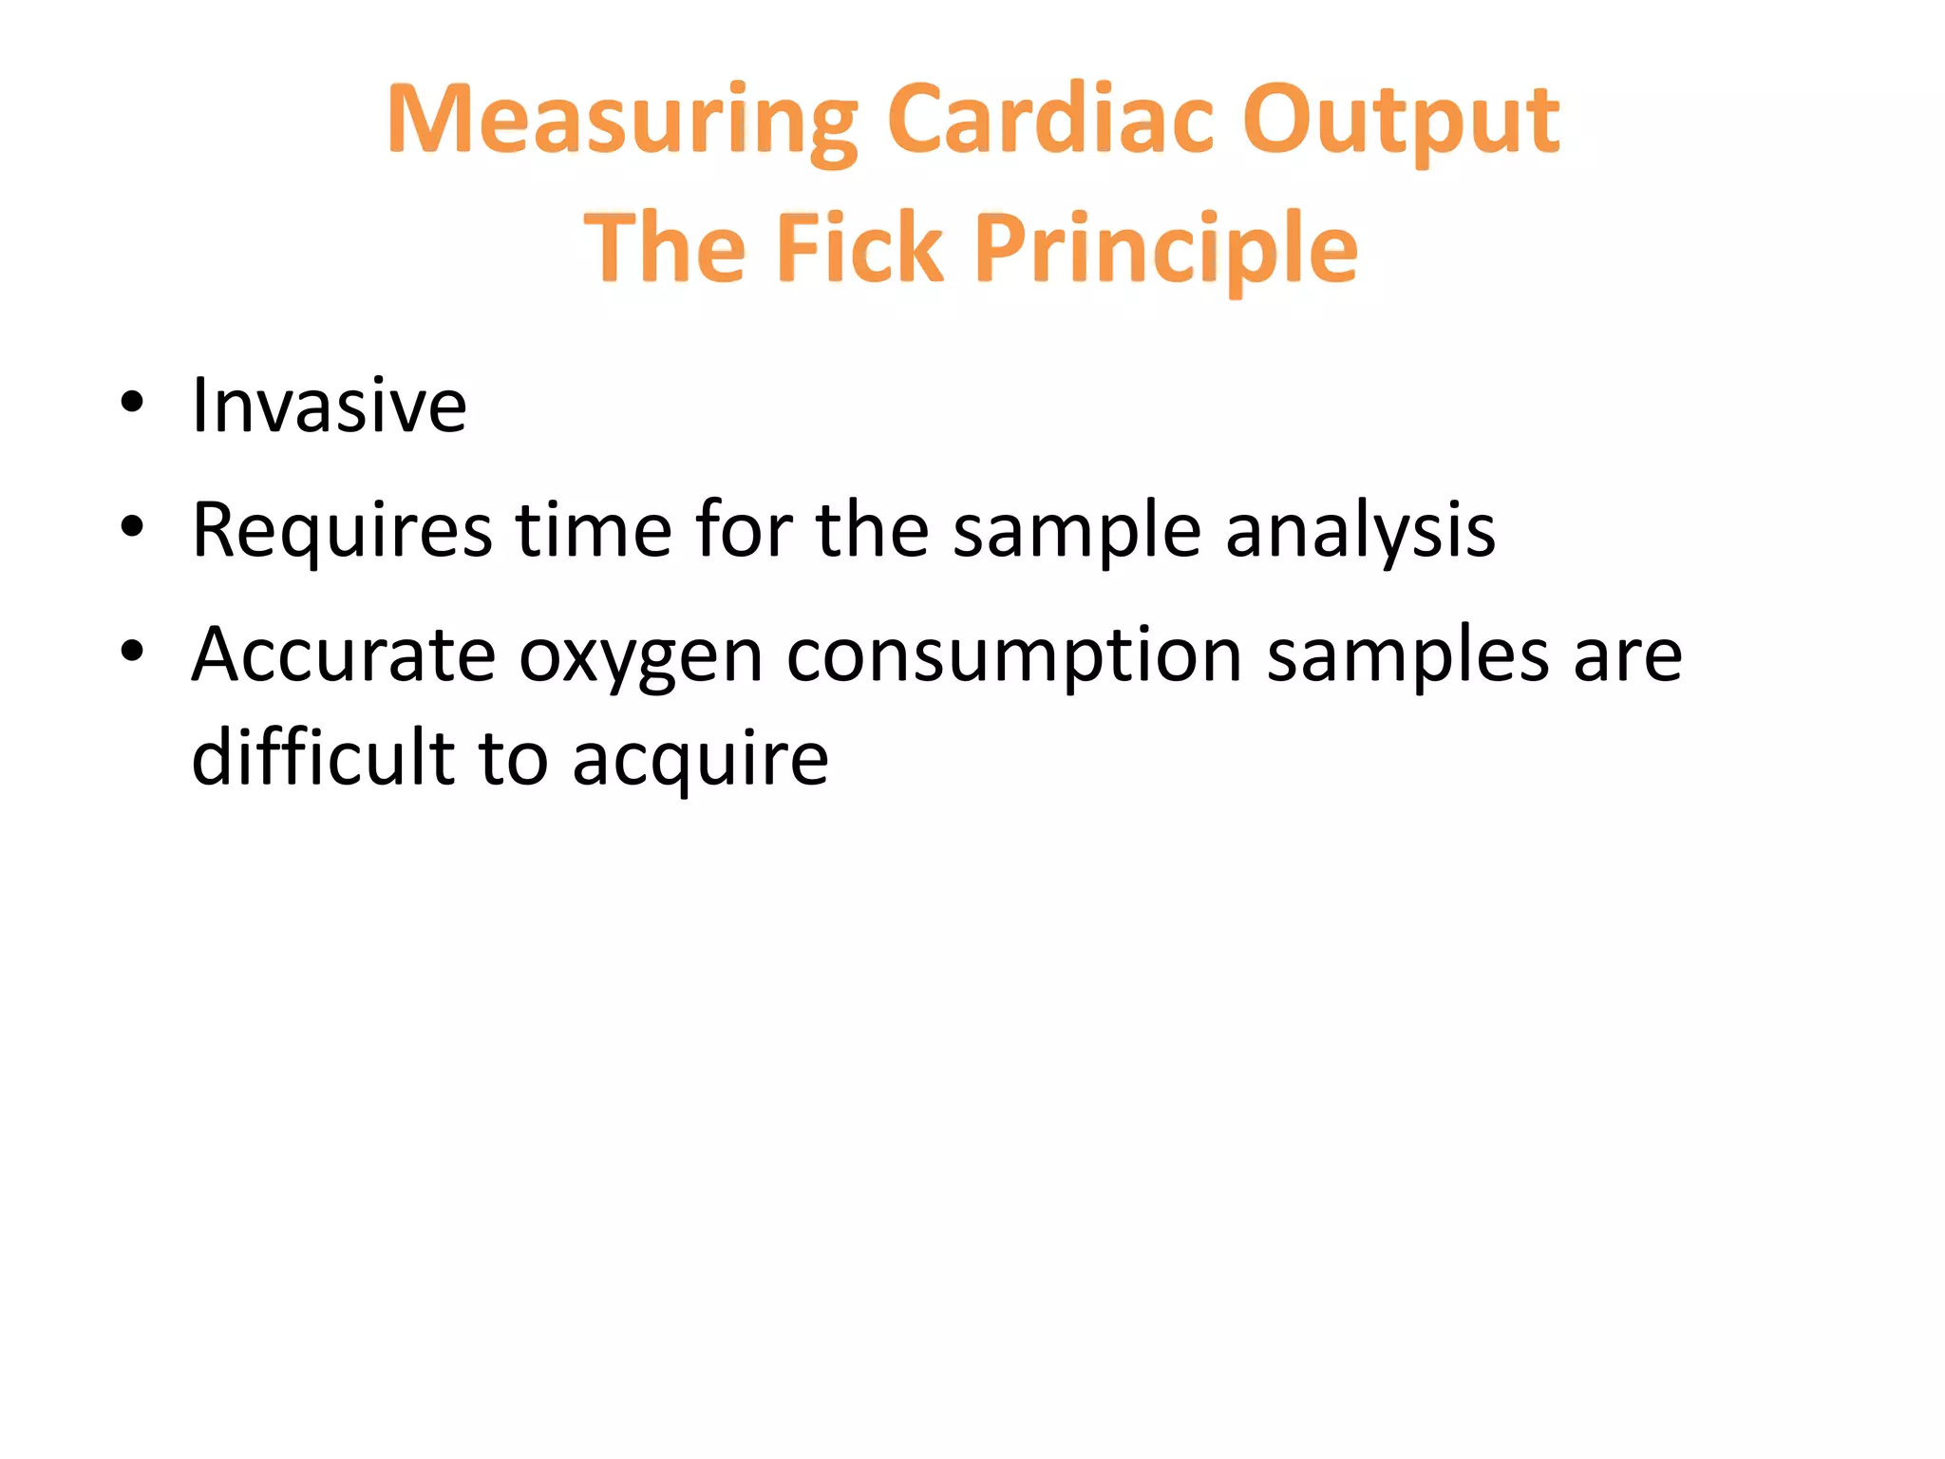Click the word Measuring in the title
point(622,122)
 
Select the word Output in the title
point(1401,122)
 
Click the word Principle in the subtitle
point(1166,249)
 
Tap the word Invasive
point(329,406)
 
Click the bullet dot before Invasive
point(132,402)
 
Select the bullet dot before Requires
point(132,526)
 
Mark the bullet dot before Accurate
point(132,651)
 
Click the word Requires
point(342,530)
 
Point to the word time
point(594,530)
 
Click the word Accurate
point(344,654)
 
